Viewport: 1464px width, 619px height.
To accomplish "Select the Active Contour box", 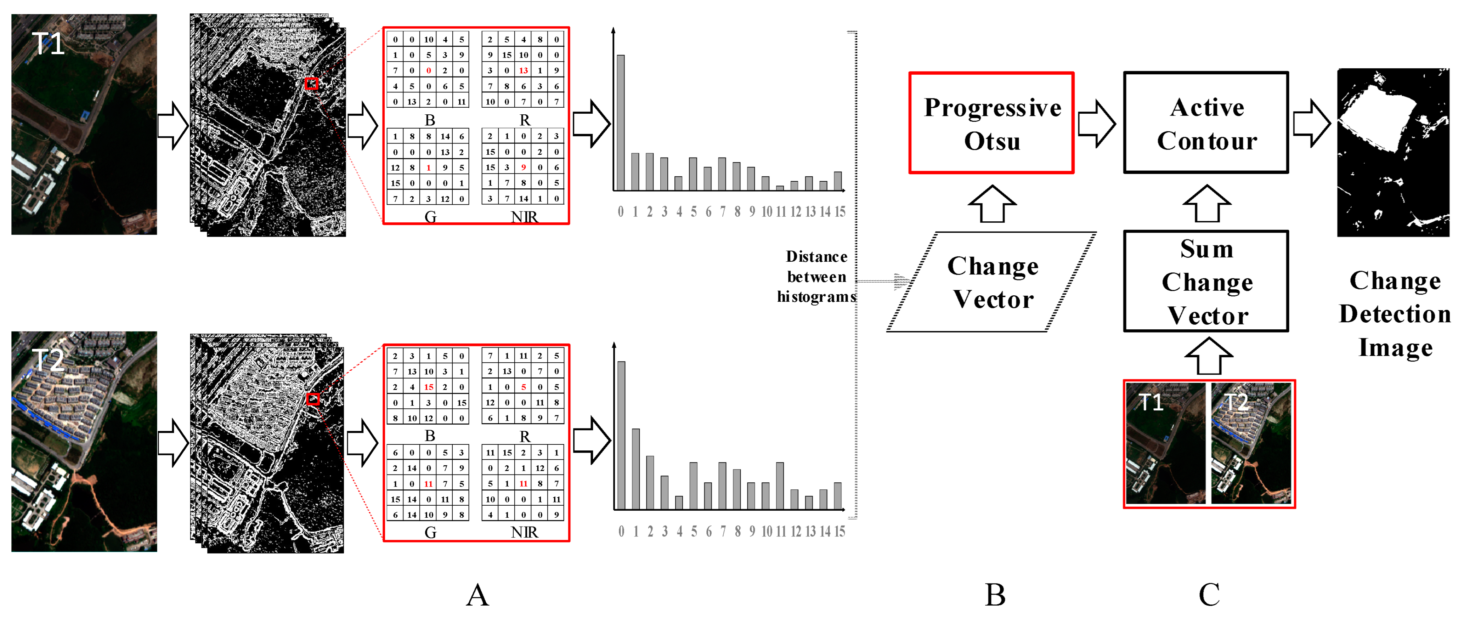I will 1206,123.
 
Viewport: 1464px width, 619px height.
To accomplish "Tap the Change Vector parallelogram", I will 992,282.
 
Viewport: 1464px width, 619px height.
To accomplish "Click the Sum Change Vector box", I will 1206,282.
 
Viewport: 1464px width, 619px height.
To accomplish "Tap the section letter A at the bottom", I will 477,595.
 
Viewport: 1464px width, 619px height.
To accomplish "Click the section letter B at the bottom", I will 995,595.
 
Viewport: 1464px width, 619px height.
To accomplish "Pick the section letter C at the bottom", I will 1209,595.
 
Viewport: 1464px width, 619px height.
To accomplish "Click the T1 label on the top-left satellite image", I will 48,44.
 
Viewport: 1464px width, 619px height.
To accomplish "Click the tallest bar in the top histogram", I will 621,122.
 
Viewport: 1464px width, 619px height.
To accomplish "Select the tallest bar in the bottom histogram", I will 621,435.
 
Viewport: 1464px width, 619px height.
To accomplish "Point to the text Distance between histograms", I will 817,277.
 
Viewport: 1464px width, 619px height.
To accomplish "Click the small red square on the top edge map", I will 311,84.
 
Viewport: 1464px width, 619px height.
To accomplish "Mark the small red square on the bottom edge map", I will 312,399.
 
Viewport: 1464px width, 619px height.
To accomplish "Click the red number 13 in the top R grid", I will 524,70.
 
